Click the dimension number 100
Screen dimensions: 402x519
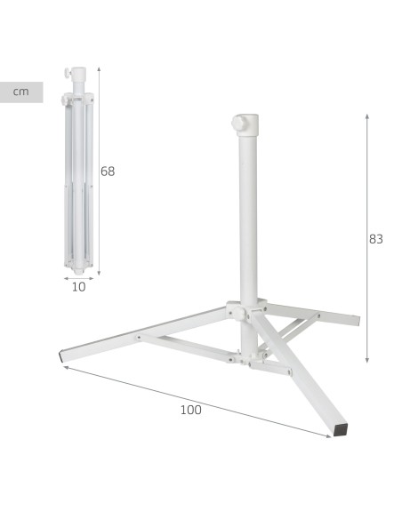tap(190, 410)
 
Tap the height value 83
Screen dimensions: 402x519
tap(376, 239)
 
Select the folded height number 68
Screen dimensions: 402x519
tap(108, 172)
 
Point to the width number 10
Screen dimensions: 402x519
tap(79, 287)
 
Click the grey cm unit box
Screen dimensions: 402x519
tap(21, 92)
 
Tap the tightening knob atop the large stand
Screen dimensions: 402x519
tap(237, 124)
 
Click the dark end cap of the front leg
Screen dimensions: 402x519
tap(341, 429)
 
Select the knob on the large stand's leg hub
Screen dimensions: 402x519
tap(238, 313)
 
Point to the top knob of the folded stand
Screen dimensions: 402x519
tap(68, 72)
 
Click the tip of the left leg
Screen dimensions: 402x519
tap(61, 357)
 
